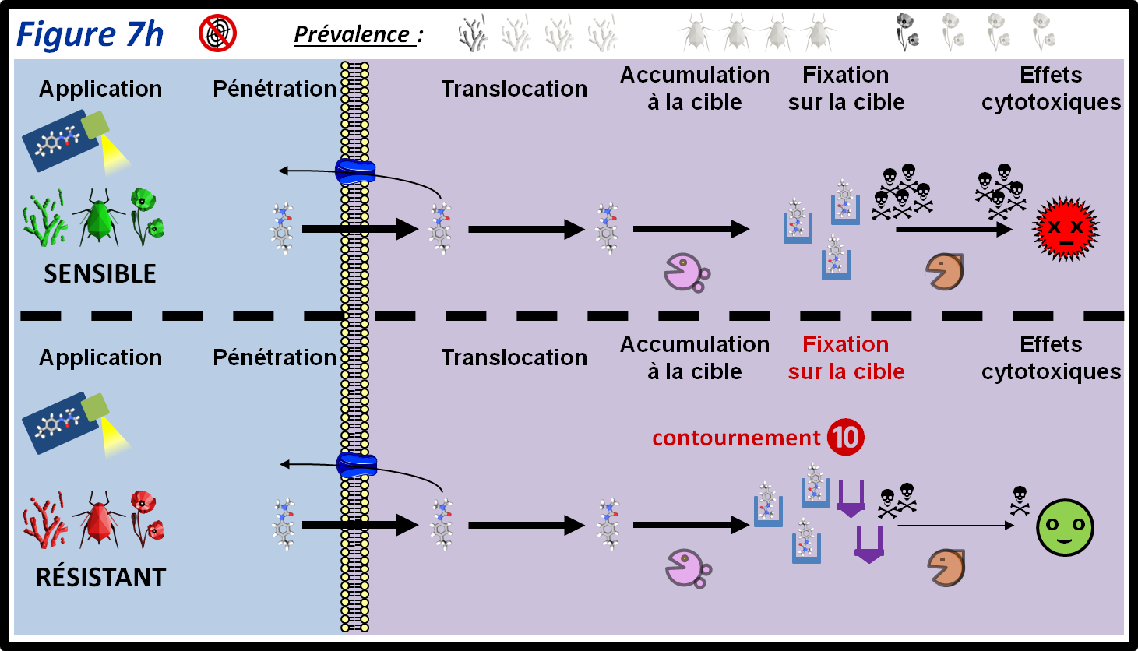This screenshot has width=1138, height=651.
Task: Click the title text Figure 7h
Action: coord(90,35)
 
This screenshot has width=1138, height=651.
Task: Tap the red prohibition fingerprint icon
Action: coord(217,33)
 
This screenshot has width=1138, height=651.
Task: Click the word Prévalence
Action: coord(352,35)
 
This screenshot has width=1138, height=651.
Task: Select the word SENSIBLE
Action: coord(100,274)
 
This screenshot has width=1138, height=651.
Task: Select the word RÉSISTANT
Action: coord(101,578)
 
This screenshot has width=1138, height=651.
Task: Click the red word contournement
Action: coord(736,438)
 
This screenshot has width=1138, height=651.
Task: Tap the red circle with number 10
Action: coord(846,437)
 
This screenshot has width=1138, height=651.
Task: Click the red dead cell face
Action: coord(1066,230)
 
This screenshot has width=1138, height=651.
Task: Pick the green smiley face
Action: coord(1065,527)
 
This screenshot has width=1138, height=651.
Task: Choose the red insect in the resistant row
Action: coord(99,519)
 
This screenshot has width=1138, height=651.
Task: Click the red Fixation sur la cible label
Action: coord(846,358)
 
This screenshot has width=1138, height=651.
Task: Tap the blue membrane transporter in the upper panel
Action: coord(355,171)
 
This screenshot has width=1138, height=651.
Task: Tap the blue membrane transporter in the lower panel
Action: coord(357,466)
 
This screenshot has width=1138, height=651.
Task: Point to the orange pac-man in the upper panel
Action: coord(945,272)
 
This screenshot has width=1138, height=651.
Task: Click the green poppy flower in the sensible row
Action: coord(146,215)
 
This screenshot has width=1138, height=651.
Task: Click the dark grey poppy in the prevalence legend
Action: coord(907,32)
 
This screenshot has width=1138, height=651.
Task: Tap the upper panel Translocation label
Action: coord(514,89)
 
